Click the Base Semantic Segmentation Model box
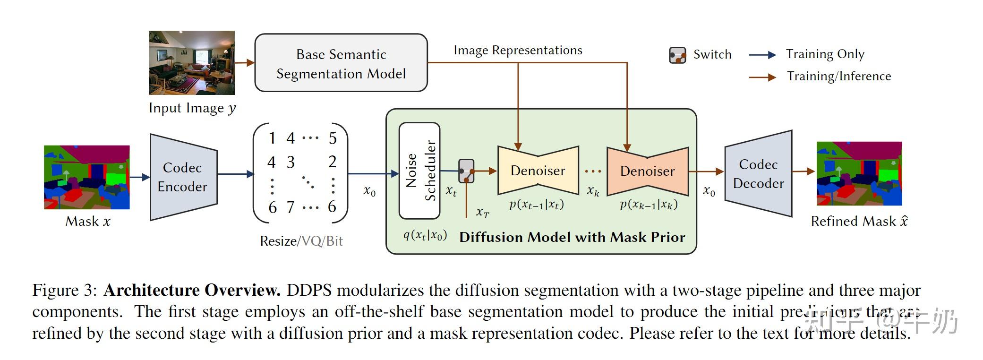[341, 63]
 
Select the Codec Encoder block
[183, 177]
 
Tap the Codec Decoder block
[758, 174]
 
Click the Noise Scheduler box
[419, 171]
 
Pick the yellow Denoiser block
[538, 171]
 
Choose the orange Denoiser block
[647, 171]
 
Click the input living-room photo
[192, 63]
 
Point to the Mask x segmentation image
[86, 177]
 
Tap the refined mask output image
[859, 173]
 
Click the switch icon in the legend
[677, 55]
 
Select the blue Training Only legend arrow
[762, 55]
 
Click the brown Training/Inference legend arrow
[762, 77]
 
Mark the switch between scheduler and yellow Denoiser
[466, 171]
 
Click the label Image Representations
[518, 51]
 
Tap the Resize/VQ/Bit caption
[301, 241]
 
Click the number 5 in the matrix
[333, 138]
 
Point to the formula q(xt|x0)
[425, 235]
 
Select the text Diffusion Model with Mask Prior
[572, 237]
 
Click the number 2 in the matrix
[333, 162]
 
